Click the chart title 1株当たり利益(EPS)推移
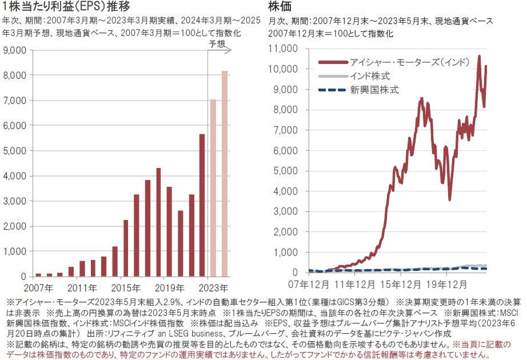[68, 7]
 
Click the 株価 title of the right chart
[280, 7]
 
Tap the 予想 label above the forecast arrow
[217, 43]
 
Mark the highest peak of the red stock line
[479, 56]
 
